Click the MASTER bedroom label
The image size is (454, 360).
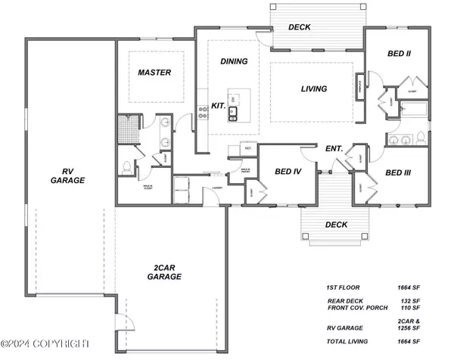click(154, 73)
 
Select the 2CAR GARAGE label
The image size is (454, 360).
click(164, 272)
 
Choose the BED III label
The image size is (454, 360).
click(397, 173)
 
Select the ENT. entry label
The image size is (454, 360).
click(334, 149)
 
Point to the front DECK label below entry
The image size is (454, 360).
click(336, 225)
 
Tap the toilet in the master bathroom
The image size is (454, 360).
click(126, 166)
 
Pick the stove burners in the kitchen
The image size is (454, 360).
click(203, 113)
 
